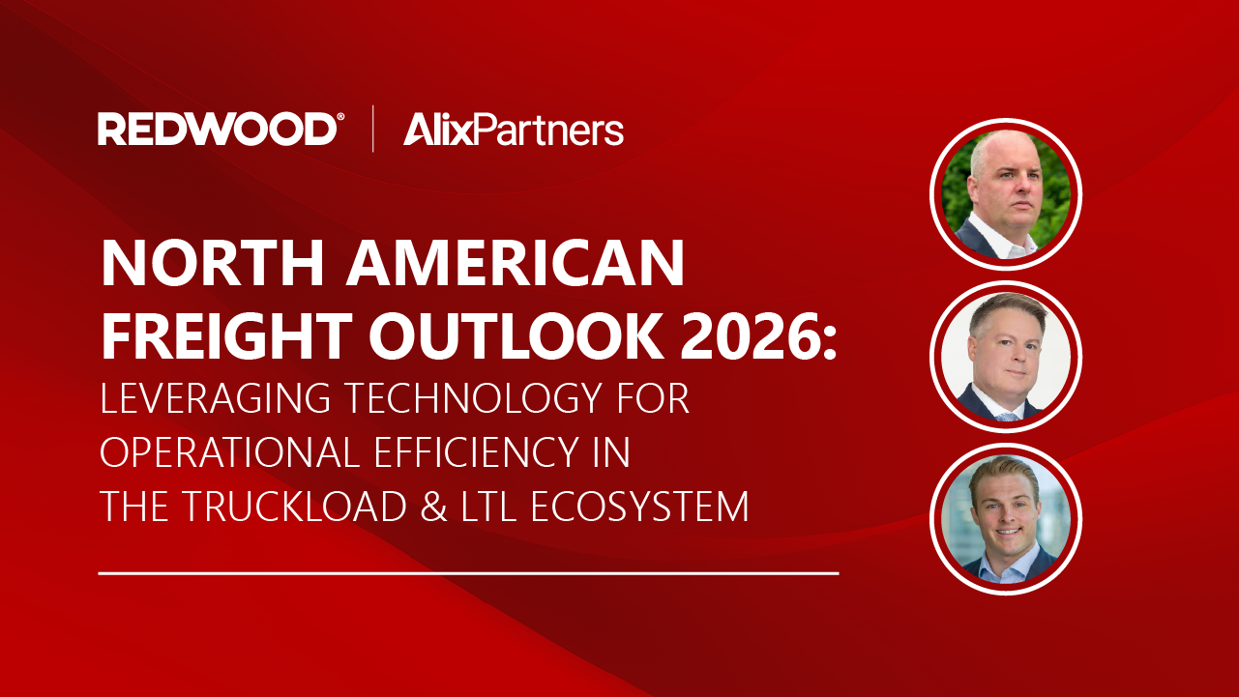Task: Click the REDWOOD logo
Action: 221,129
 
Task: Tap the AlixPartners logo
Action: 514,130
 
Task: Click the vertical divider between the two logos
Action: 373,129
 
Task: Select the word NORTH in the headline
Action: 212,263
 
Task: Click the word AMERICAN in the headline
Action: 516,263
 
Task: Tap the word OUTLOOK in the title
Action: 516,336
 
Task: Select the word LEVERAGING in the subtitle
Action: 215,397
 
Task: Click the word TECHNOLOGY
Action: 474,397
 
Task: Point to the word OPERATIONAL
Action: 230,452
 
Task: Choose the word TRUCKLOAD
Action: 294,506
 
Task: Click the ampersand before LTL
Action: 433,507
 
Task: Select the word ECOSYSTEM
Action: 639,506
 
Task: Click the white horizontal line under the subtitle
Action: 468,573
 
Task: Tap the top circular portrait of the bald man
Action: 1006,194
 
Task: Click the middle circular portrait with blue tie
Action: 1006,357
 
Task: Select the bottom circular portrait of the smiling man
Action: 1006,519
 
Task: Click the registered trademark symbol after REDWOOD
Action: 340,117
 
